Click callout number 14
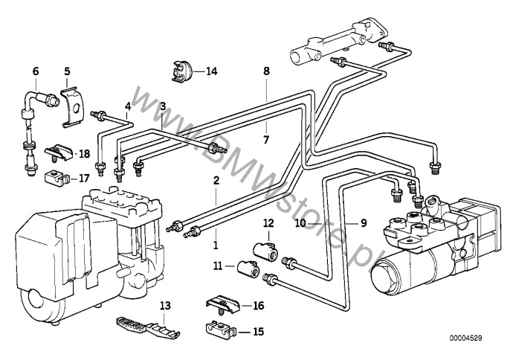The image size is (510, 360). [x=212, y=71]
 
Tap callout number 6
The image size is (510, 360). [x=35, y=72]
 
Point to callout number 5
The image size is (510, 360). [x=66, y=72]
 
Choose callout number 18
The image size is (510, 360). [x=84, y=153]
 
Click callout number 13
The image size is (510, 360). [x=165, y=306]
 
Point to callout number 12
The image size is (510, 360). [x=268, y=222]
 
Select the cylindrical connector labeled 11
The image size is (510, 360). [x=248, y=268]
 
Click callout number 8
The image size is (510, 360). [x=266, y=71]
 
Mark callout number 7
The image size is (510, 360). [x=266, y=138]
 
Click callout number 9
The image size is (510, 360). [x=364, y=222]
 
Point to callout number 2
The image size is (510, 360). [x=216, y=180]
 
